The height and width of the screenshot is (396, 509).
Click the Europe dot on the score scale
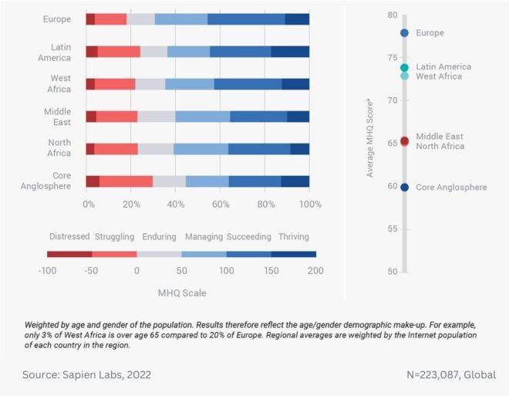pos(404,33)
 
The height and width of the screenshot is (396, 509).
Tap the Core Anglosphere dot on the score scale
pos(404,187)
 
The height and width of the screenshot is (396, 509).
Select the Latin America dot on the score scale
pos(404,68)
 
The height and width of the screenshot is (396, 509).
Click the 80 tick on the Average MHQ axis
pos(393,15)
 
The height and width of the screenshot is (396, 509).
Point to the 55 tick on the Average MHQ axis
pos(393,229)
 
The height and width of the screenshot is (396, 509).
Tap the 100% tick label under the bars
pos(309,205)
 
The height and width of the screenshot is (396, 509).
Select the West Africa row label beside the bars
pos(60,83)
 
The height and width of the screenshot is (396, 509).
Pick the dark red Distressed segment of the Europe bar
pos(90,19)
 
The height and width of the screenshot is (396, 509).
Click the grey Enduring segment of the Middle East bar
pos(156,117)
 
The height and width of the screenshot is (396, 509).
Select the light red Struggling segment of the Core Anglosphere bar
pos(126,181)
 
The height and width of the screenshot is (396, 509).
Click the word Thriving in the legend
pos(294,236)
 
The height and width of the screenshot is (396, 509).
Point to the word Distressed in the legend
pos(70,236)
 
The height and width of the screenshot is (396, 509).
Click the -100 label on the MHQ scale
pos(49,271)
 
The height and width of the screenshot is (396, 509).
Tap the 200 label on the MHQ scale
pos(315,271)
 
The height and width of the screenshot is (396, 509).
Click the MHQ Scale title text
pos(181,293)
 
